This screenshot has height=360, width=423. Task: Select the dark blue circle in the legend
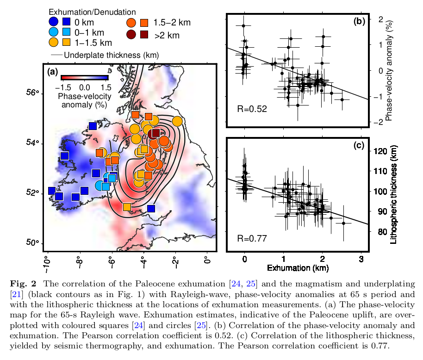click(54, 21)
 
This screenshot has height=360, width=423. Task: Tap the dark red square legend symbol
click(144, 34)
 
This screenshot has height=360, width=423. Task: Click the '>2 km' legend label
click(167, 35)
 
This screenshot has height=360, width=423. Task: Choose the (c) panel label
click(359, 145)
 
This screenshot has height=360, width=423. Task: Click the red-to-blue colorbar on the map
click(84, 77)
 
